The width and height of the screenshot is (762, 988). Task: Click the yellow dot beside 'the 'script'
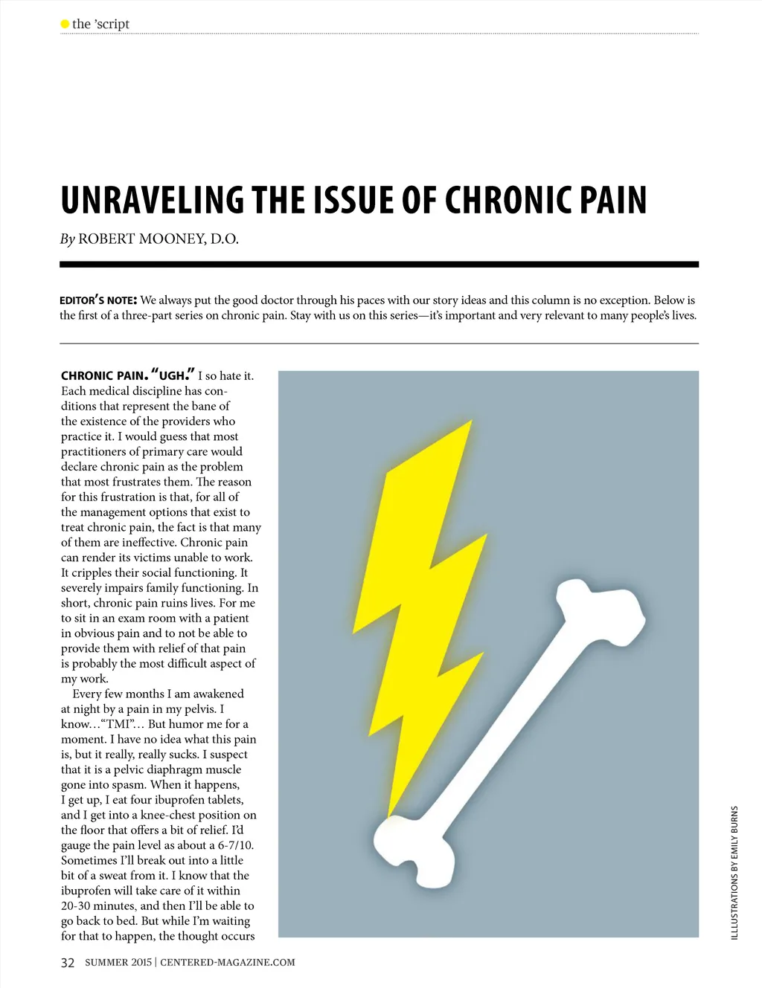(65, 24)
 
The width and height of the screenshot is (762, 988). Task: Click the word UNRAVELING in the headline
(152, 201)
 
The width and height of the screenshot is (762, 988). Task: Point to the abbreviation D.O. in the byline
(225, 239)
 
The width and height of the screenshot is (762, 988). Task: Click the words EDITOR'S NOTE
(97, 300)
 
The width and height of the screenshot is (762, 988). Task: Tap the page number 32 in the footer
(68, 963)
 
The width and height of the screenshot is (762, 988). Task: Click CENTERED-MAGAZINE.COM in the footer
(228, 963)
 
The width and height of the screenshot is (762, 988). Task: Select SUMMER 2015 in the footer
(118, 963)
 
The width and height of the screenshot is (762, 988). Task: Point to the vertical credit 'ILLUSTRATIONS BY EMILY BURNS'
(734, 873)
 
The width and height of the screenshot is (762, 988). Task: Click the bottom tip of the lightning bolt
(389, 815)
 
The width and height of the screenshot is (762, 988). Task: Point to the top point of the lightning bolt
(470, 422)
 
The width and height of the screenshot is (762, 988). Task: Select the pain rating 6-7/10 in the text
(235, 845)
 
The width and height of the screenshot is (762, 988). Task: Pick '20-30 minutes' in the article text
(99, 906)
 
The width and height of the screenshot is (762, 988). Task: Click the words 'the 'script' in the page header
(100, 24)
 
